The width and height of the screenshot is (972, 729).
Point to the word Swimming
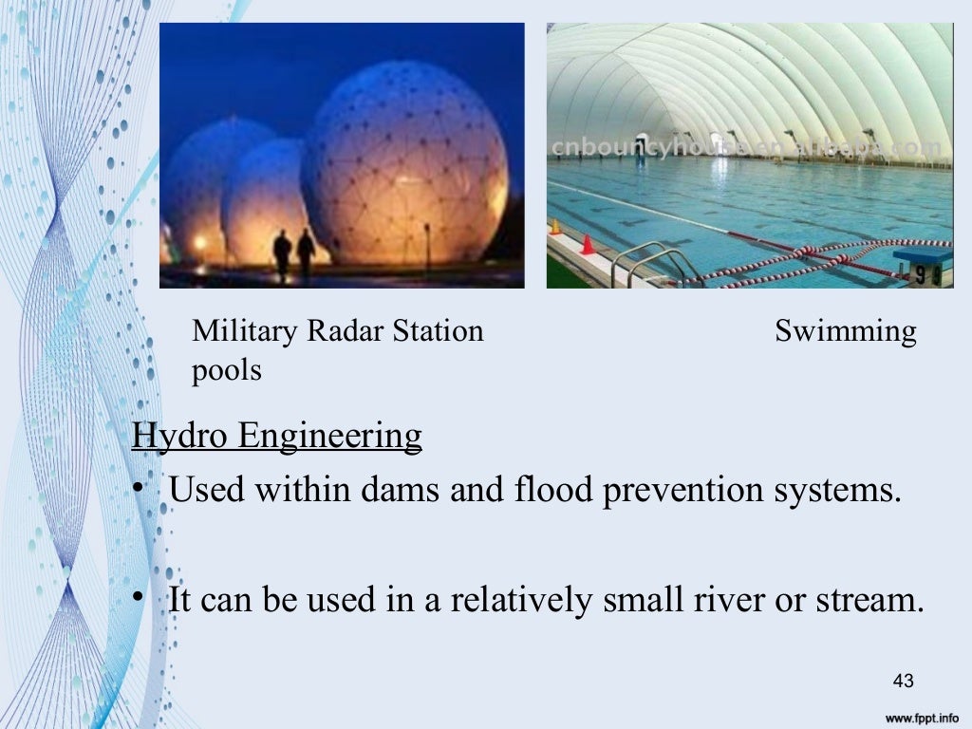(x=845, y=332)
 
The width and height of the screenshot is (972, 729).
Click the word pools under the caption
(x=226, y=370)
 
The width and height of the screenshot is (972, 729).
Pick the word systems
(x=847, y=492)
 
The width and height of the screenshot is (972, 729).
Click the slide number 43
(x=903, y=681)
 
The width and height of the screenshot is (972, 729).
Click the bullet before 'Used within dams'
(x=138, y=489)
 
